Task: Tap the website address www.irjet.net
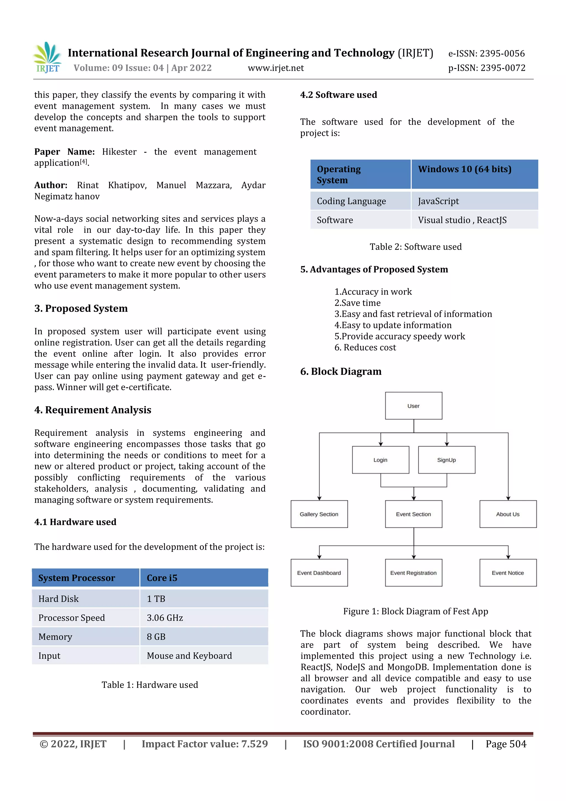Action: (x=276, y=68)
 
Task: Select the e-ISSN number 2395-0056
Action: (x=486, y=53)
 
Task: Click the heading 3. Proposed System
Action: (x=81, y=308)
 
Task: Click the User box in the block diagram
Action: (x=414, y=406)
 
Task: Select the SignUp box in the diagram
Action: (x=446, y=460)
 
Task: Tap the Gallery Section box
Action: (x=319, y=514)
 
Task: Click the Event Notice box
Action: (x=508, y=573)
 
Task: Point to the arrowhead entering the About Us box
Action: (x=508, y=498)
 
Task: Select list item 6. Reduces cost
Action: (x=365, y=348)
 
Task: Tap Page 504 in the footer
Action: (x=506, y=744)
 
